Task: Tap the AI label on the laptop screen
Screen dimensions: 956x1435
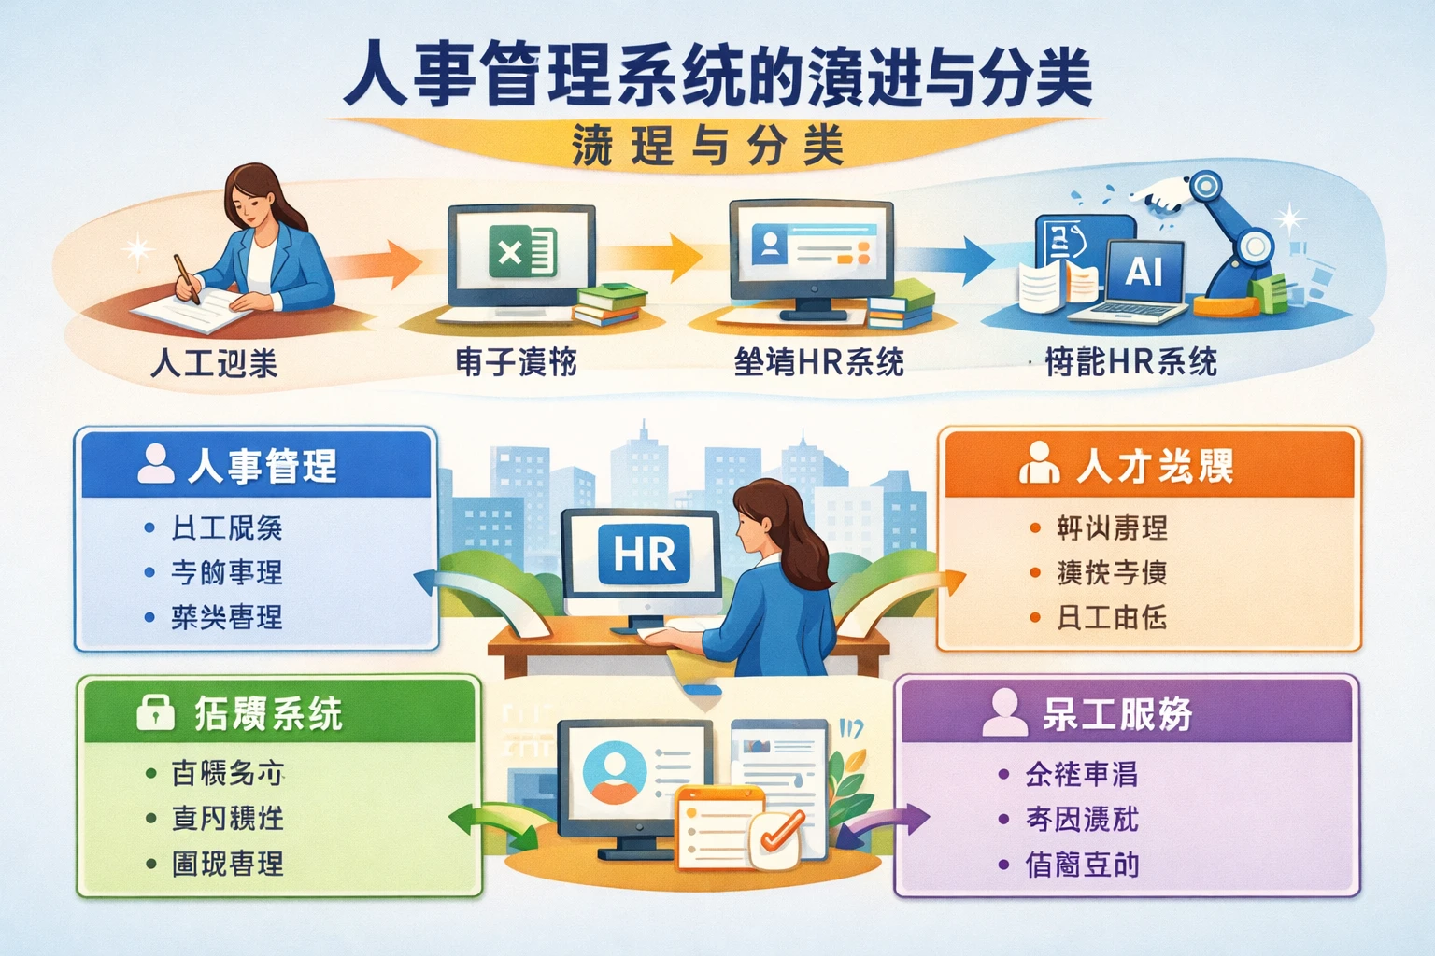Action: [x=1144, y=272]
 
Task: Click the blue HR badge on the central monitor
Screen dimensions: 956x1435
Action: [x=644, y=555]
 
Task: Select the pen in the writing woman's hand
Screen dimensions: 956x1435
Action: [x=187, y=278]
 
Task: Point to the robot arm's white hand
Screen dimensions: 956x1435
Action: [x=1158, y=194]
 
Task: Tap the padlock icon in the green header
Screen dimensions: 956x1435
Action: [x=155, y=712]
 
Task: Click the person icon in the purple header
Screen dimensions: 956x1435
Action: [x=1005, y=712]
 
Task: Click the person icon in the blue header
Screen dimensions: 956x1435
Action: [x=155, y=463]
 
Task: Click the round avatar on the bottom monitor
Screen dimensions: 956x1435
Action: [x=614, y=773]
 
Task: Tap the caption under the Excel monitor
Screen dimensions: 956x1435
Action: [x=517, y=361]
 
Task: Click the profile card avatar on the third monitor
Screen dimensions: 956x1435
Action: [x=770, y=245]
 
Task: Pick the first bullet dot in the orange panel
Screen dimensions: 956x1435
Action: [x=1035, y=528]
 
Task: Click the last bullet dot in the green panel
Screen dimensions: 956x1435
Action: [x=151, y=864]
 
